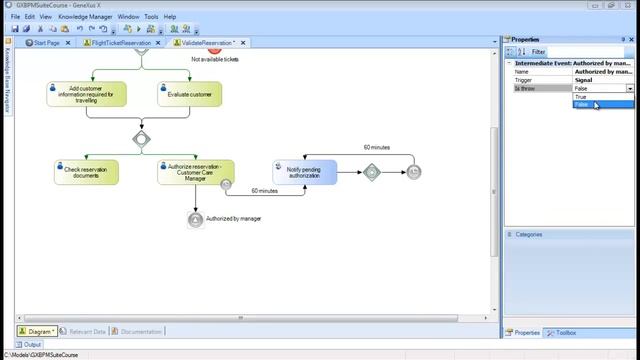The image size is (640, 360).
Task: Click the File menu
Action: point(15,17)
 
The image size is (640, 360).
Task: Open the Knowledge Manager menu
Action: point(85,17)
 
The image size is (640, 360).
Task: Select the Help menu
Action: point(170,17)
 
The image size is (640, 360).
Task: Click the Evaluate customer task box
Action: point(189,94)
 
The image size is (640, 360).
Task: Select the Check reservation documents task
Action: point(85,172)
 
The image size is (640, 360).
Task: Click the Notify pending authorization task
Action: point(305,172)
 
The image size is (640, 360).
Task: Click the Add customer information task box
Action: point(85,94)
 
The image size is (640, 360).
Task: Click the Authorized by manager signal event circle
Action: point(195,219)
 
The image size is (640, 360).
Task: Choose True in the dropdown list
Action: point(581,97)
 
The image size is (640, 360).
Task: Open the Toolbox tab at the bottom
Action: point(565,332)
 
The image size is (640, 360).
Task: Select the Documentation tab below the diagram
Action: point(140,331)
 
